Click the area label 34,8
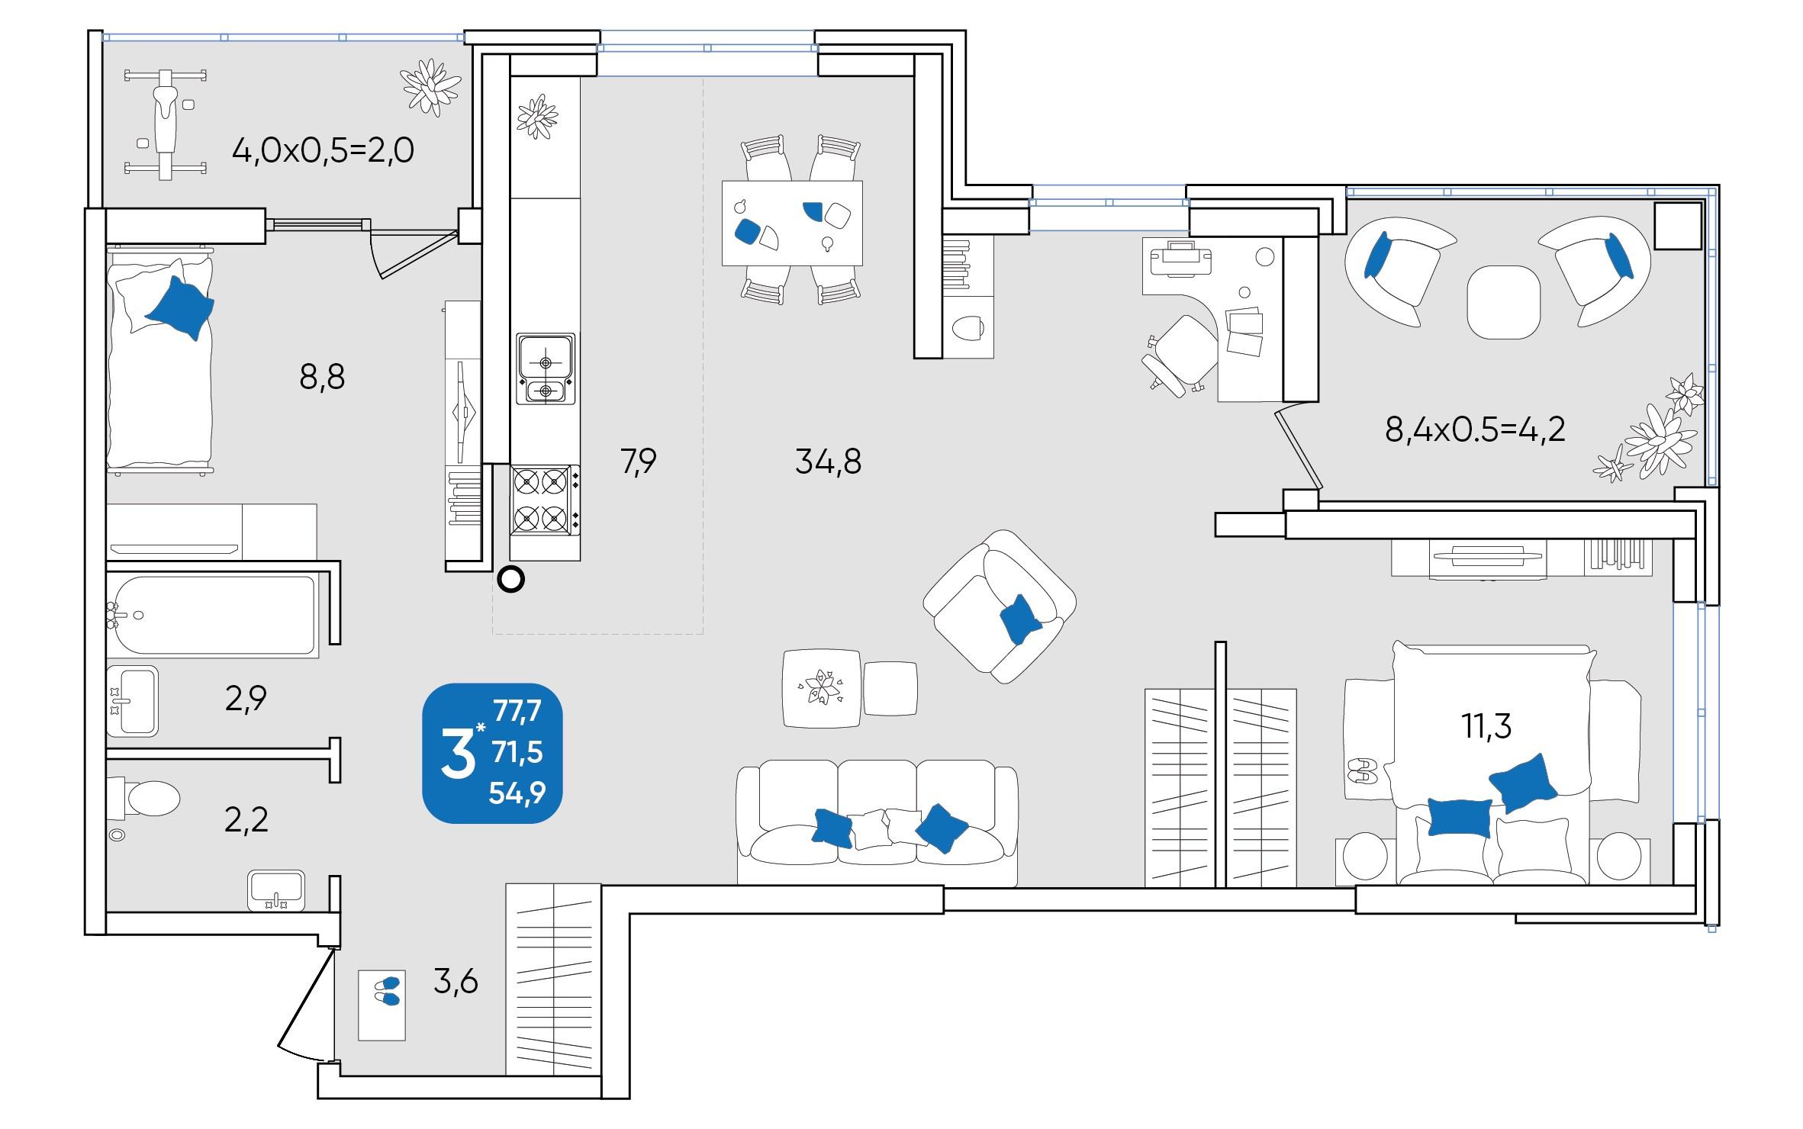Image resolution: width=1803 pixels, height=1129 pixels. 828,462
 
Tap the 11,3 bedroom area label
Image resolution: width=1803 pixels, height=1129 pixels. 1486,726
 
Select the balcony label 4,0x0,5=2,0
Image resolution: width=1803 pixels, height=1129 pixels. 323,151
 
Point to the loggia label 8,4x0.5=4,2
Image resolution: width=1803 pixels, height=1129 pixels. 1475,429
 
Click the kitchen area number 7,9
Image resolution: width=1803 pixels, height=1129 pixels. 638,462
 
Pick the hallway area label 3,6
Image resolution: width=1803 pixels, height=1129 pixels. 456,982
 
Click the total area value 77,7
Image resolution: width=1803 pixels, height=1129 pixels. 517,711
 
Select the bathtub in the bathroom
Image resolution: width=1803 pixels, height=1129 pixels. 211,615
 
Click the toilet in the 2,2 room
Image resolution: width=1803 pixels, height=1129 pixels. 145,799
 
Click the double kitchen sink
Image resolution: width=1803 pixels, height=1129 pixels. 545,368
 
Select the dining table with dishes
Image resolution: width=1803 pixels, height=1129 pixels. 792,223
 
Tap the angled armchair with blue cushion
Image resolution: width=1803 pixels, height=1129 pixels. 1000,606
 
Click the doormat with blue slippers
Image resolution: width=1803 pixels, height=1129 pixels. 382,1005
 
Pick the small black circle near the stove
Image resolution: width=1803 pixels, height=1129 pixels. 510,581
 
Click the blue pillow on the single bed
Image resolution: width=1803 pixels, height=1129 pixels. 179,307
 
